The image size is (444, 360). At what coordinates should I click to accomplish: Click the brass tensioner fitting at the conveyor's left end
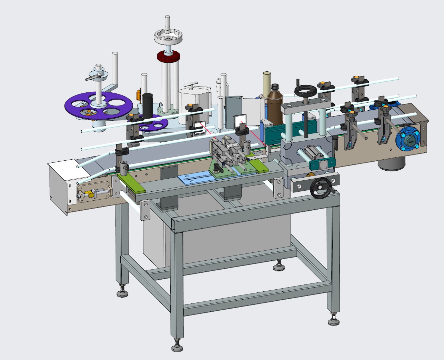[91, 194]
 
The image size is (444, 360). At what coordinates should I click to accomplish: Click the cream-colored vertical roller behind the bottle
[267, 83]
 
